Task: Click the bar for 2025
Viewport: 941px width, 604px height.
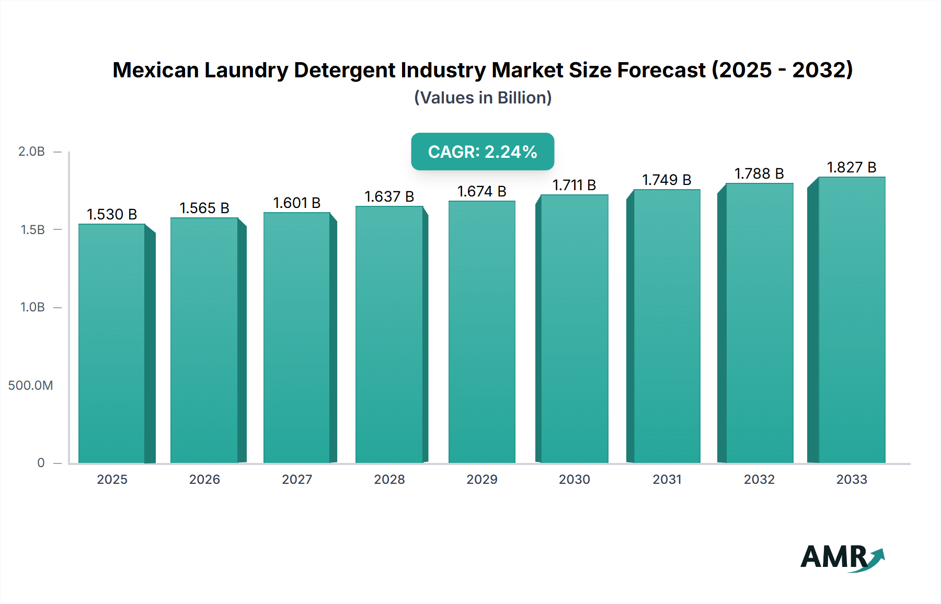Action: pyautogui.click(x=112, y=343)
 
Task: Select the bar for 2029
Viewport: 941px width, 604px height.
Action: pyautogui.click(x=482, y=332)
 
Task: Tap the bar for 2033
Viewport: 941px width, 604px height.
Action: pyautogui.click(x=852, y=320)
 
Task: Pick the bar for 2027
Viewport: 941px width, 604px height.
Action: pyautogui.click(x=297, y=338)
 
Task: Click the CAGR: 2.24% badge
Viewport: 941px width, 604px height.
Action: pyautogui.click(x=483, y=152)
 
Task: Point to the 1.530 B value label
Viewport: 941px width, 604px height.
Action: pyautogui.click(x=112, y=214)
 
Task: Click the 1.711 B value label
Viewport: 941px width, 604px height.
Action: pyautogui.click(x=574, y=185)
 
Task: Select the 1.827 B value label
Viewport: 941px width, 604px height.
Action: pyautogui.click(x=851, y=167)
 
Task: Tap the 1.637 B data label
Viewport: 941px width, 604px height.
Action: pyautogui.click(x=389, y=196)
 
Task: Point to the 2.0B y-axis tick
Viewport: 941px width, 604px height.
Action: pyautogui.click(x=32, y=152)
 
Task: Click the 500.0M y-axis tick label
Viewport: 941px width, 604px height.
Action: pyautogui.click(x=30, y=386)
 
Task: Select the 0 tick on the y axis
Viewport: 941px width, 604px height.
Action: pyautogui.click(x=41, y=463)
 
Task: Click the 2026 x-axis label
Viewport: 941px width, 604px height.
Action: pyautogui.click(x=204, y=479)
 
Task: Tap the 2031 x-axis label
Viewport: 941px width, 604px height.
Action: pyautogui.click(x=667, y=479)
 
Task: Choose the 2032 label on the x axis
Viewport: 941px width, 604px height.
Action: pyautogui.click(x=759, y=479)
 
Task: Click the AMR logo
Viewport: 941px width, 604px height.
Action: pyautogui.click(x=842, y=557)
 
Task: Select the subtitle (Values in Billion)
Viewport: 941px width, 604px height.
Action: pyautogui.click(x=483, y=98)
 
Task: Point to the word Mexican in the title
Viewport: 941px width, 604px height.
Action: pyautogui.click(x=156, y=70)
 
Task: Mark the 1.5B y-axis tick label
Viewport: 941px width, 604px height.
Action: pyautogui.click(x=32, y=229)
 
